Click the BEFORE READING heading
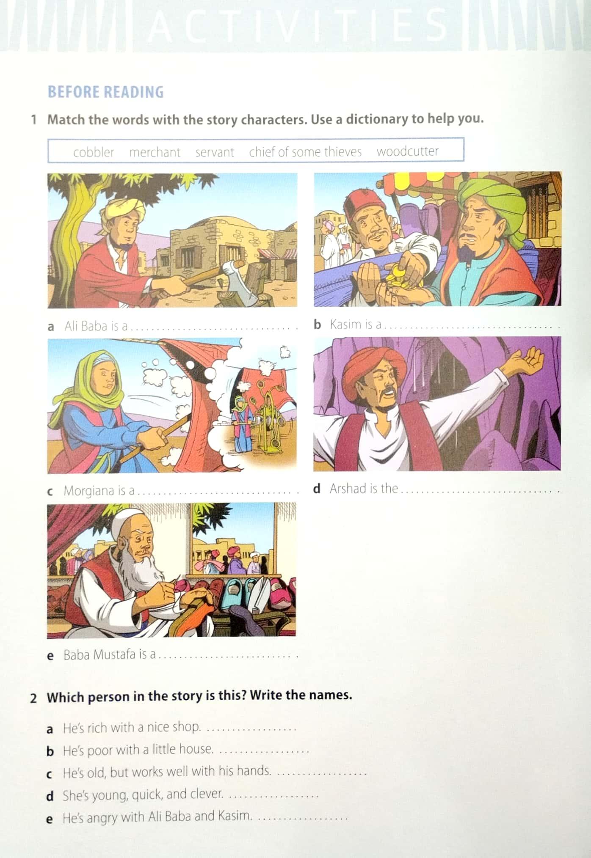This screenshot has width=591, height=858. [x=105, y=92]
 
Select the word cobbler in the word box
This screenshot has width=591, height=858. [x=94, y=152]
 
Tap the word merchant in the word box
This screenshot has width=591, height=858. [x=155, y=152]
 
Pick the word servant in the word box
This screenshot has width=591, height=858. [x=215, y=152]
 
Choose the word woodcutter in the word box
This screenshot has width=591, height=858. [x=407, y=151]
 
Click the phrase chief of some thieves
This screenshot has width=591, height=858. [x=305, y=151]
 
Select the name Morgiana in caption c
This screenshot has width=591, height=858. [x=89, y=491]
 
